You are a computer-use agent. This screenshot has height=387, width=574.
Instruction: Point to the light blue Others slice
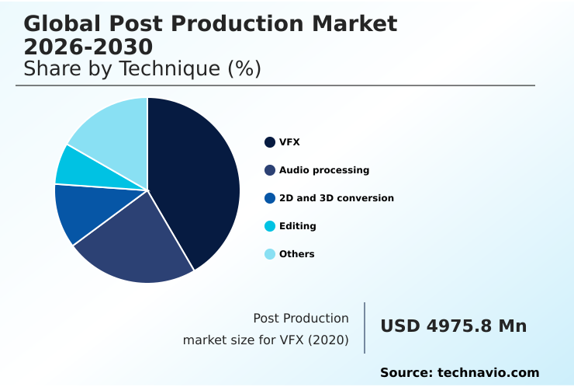coord(112,128)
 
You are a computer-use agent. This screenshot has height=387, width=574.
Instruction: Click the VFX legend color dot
coord(270,142)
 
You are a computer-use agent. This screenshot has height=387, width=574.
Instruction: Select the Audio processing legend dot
coord(270,170)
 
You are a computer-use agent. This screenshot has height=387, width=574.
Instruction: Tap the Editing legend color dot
coord(270,226)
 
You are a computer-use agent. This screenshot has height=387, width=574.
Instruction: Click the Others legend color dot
coord(270,254)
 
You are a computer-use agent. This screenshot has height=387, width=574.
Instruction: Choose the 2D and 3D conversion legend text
coord(337,198)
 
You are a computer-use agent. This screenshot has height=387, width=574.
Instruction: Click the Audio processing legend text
coord(324,170)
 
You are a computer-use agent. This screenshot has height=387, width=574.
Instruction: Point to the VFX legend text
coord(289,142)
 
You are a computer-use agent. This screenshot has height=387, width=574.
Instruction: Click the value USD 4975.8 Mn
coord(453,326)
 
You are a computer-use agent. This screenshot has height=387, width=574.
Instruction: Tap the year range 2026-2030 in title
coord(88,47)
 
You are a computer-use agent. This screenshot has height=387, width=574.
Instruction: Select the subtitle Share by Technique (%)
coord(142,69)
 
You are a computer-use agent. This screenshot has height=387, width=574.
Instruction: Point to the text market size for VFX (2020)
coord(265,340)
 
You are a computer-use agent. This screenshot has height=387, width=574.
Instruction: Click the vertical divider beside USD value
coord(365,328)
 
